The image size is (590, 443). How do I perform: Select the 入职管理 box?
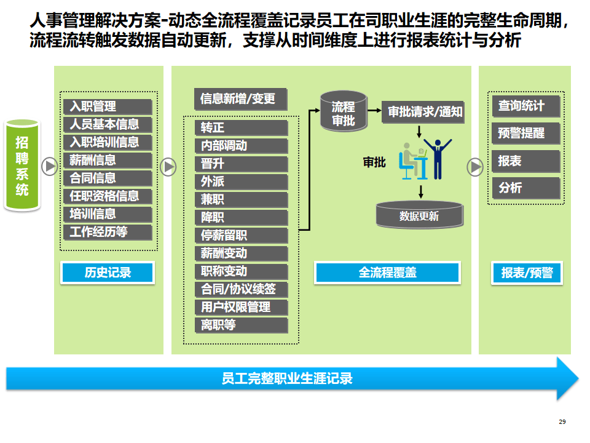tap(107, 106)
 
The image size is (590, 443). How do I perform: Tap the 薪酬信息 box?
tap(107, 160)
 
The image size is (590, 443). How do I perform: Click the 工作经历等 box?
tap(107, 232)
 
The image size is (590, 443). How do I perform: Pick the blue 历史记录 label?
tap(108, 273)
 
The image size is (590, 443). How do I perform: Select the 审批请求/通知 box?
tap(425, 112)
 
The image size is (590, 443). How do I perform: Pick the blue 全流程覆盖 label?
tap(387, 273)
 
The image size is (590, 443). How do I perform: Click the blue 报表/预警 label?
tap(527, 273)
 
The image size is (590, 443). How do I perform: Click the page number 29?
tap(562, 421)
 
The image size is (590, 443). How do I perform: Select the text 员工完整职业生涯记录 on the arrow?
tap(287, 378)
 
